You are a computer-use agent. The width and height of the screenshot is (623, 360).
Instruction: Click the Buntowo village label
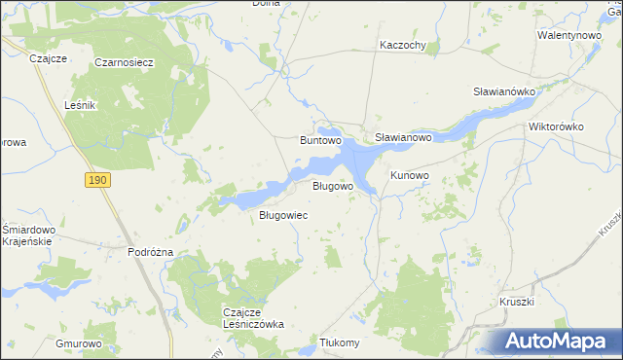click(319, 140)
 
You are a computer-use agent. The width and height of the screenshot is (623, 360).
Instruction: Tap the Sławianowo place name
click(403, 138)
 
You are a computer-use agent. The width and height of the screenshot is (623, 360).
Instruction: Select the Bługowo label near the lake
click(332, 185)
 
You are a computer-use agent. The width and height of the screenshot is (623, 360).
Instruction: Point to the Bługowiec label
click(283, 215)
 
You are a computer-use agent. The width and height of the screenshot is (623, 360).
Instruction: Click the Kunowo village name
click(410, 175)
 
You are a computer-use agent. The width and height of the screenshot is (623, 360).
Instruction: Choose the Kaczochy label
click(403, 46)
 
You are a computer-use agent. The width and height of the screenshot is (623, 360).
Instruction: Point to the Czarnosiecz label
click(125, 62)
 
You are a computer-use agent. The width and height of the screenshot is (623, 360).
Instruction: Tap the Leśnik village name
click(78, 105)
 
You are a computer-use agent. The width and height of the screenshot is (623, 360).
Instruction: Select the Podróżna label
click(150, 251)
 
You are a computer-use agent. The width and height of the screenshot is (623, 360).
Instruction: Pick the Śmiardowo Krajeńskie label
click(28, 235)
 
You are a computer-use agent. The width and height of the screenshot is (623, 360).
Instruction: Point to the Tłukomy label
click(340, 342)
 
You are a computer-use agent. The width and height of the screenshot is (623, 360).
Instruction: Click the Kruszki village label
click(518, 302)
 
